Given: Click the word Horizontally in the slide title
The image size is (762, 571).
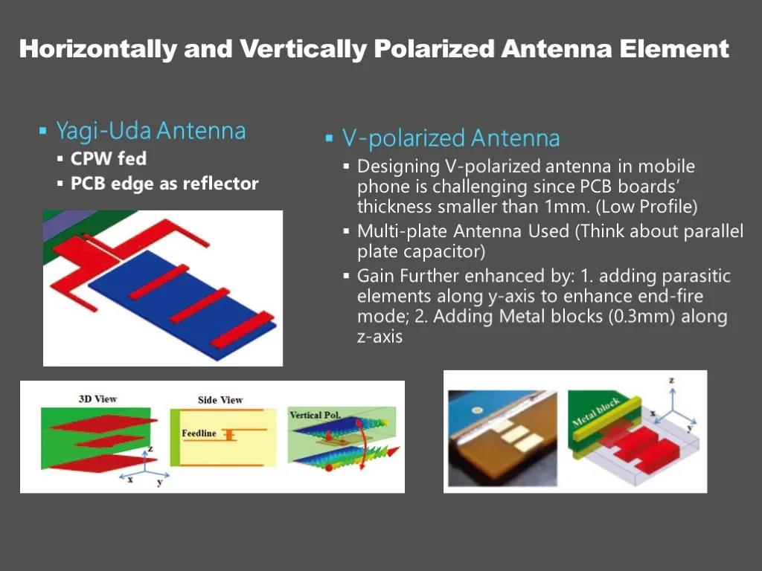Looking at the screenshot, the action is coord(98,50).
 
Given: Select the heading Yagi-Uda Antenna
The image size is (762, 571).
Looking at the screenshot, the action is coord(151,131).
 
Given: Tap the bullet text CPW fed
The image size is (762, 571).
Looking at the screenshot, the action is coord(109,158).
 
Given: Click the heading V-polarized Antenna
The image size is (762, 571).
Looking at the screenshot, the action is coord(451,138).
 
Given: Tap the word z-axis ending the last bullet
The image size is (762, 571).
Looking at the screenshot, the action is coord(380,337).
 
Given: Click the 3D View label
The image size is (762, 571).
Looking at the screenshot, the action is coord(97,399).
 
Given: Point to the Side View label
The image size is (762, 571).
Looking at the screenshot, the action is coord(220,400).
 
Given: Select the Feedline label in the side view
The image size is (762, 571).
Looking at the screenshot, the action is coord(199,433).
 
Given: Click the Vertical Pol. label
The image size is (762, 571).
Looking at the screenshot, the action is coord(315,415).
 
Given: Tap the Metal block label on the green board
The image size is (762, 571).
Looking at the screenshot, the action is coord(596,412).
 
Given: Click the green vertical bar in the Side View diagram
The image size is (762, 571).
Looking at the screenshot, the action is coord(174,437).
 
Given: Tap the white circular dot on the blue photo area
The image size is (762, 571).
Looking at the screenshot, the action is coord(477,410).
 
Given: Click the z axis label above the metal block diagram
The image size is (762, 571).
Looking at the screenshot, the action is coord(672,380).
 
